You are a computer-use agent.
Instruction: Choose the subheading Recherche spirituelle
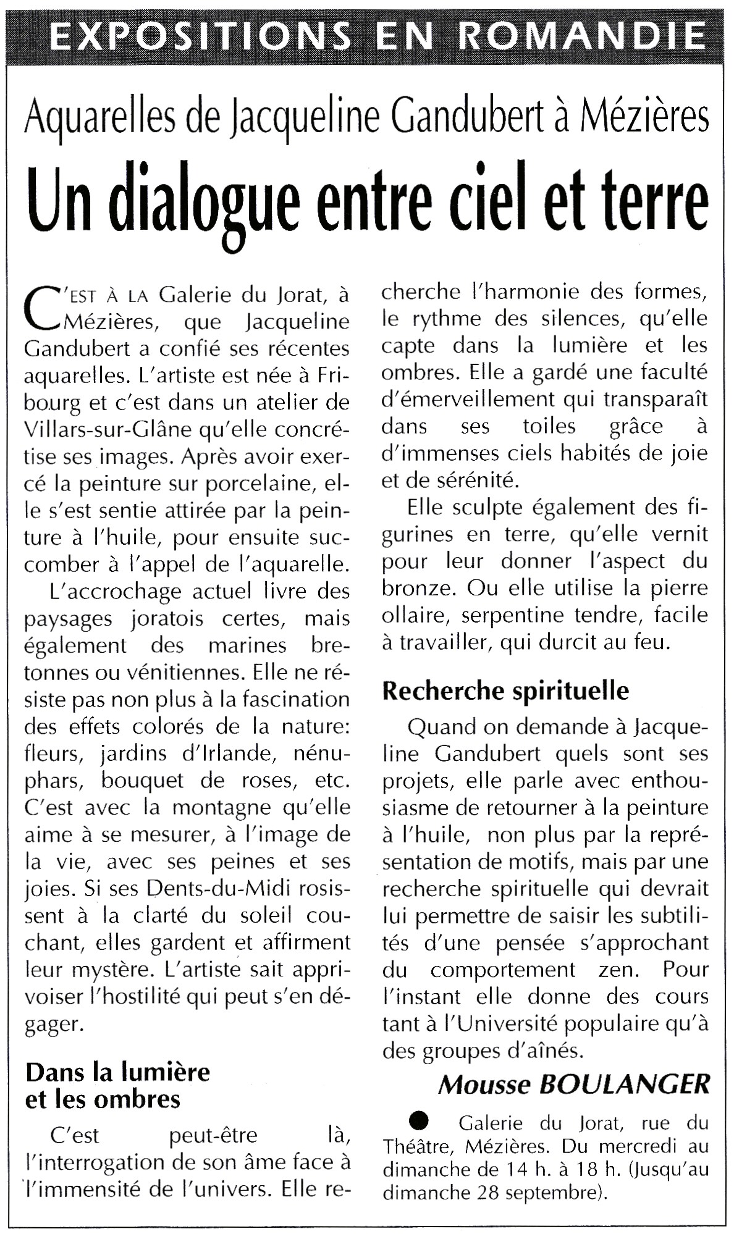pyautogui.click(x=505, y=690)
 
